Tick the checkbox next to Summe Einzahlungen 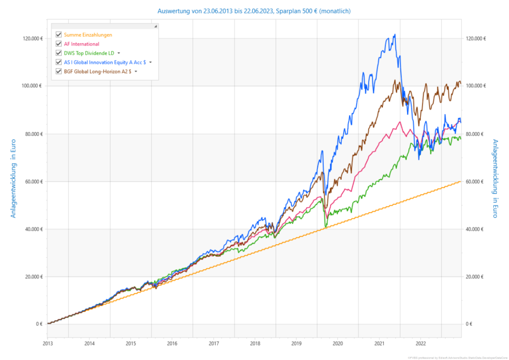tap(59, 35)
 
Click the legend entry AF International tap(81, 44)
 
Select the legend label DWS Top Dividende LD tap(89, 53)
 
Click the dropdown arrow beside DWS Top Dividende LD tap(119, 53)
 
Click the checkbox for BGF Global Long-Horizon tap(59, 71)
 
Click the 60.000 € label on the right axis tap(475, 181)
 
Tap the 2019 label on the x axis tap(296, 343)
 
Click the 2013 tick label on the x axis tap(48, 343)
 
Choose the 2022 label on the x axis tap(420, 343)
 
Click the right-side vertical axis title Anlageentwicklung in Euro tap(495, 179)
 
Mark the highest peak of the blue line tap(395, 35)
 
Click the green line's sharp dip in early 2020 tap(326, 225)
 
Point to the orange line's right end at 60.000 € tap(461, 181)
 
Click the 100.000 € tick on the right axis tap(476, 86)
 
